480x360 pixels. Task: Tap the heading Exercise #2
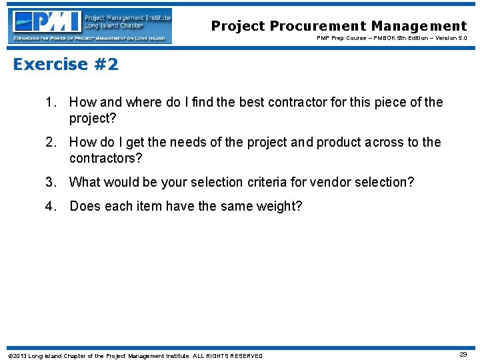65,64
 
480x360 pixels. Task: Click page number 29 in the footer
463,355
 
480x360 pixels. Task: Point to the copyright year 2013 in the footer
19,356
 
